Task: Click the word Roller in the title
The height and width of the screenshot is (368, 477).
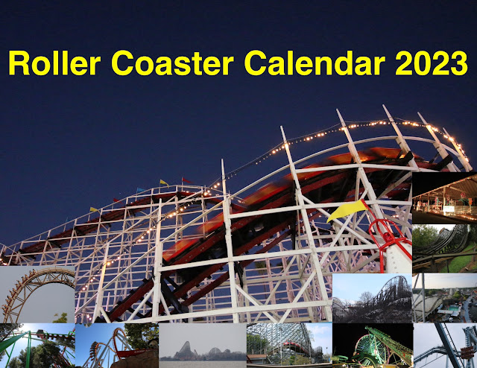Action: point(54,63)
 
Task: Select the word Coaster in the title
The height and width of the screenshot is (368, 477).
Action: point(172,63)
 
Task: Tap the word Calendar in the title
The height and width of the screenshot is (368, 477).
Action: point(315,63)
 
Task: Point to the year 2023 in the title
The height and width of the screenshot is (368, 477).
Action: point(432,63)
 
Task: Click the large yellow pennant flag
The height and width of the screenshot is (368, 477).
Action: point(347,210)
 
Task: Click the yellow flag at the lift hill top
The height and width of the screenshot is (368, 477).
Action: point(164,183)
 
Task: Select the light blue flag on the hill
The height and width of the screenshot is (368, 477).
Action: point(141,190)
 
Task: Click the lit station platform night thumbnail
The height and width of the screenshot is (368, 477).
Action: point(444,197)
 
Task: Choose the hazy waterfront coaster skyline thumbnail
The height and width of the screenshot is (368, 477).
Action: point(203,346)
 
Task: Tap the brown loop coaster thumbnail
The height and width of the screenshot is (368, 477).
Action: point(37,294)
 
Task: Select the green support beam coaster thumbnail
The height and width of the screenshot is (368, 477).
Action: point(37,346)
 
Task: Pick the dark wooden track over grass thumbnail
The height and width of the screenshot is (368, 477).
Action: point(444,249)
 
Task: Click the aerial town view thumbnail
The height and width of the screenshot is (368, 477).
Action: point(444,298)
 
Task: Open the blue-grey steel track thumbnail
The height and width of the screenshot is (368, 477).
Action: point(445,346)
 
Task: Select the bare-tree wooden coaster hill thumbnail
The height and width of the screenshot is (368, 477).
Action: point(373,298)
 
